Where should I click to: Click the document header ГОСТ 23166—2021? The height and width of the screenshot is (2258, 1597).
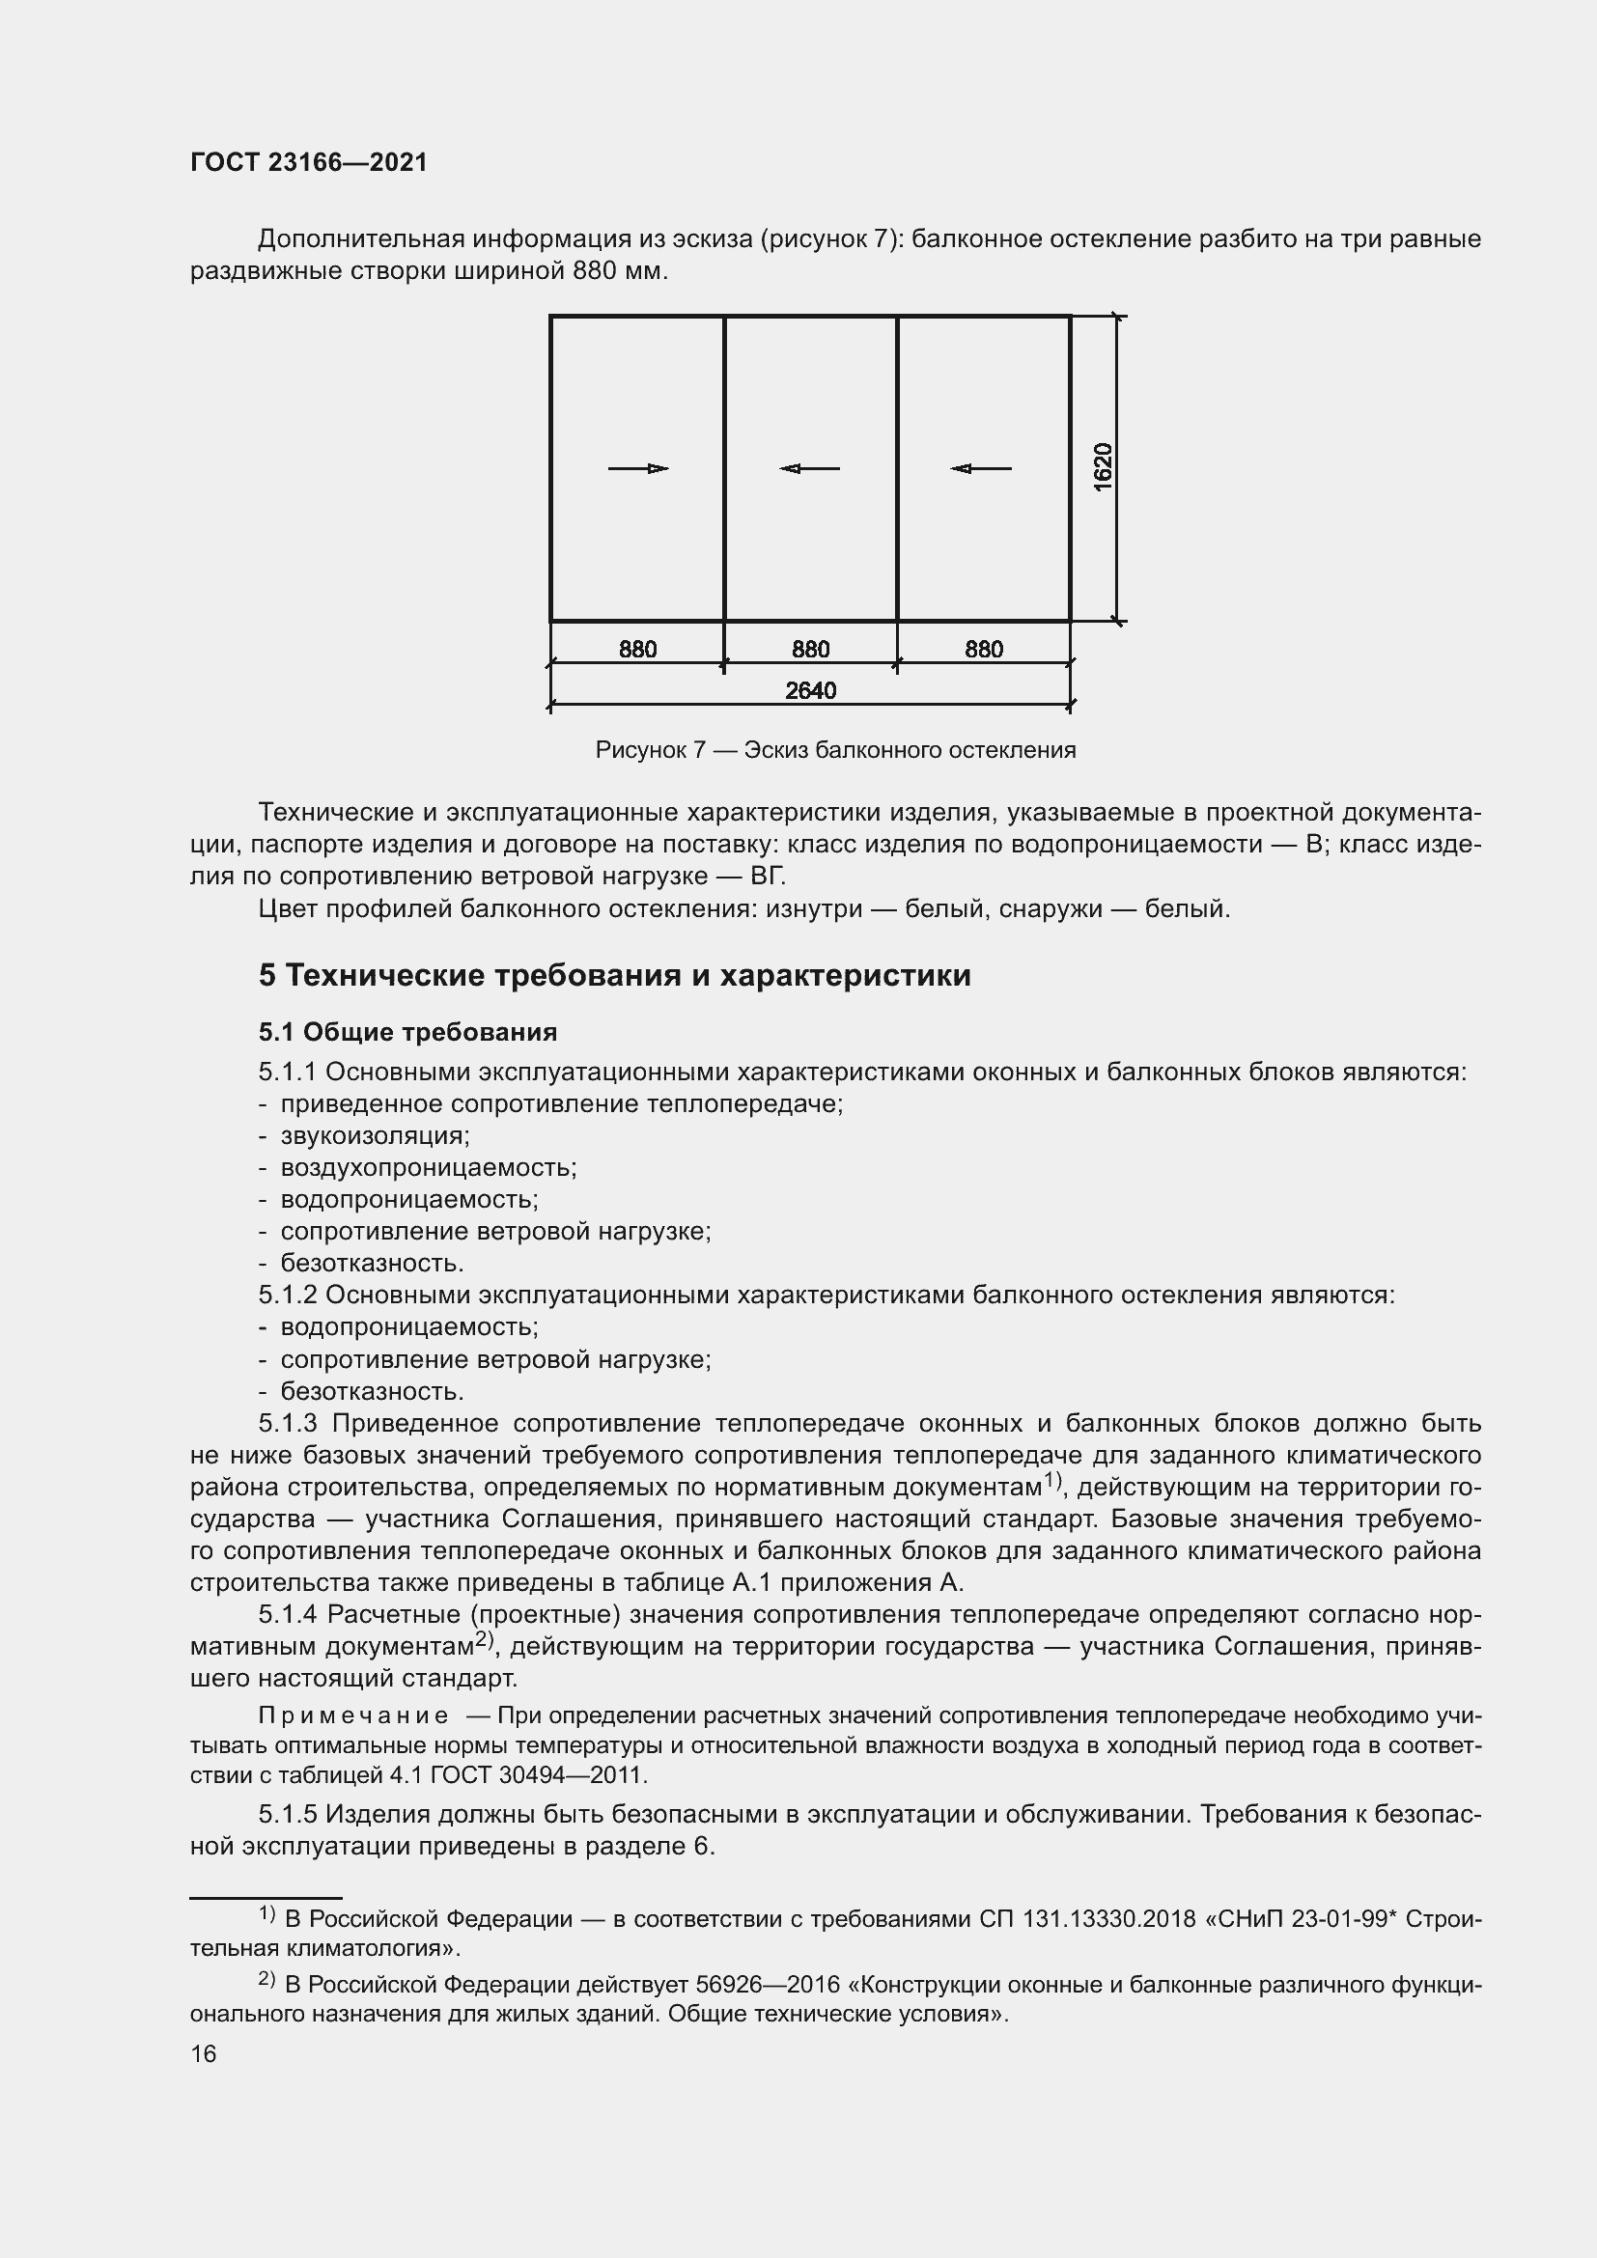309,162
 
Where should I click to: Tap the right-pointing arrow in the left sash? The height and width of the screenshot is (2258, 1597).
638,468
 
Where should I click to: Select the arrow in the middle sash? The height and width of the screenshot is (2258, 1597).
809,468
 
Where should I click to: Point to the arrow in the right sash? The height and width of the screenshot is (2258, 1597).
980,468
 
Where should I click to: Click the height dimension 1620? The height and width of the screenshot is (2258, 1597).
1104,467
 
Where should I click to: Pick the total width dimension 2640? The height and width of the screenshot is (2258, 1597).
810,690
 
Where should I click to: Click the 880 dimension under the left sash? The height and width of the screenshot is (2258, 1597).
637,649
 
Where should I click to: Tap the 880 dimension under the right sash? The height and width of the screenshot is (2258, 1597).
983,649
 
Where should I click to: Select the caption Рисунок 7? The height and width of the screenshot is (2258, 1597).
650,750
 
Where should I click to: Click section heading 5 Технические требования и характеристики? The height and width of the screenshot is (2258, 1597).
615,976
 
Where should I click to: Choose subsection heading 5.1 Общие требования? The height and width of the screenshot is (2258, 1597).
407,1032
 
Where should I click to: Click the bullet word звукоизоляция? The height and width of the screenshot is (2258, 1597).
375,1136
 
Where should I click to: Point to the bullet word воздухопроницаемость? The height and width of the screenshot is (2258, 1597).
428,1167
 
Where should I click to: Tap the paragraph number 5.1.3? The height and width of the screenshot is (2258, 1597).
288,1423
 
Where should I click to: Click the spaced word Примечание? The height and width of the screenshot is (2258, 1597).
353,1716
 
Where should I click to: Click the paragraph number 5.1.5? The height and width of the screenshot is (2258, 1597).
288,1814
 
